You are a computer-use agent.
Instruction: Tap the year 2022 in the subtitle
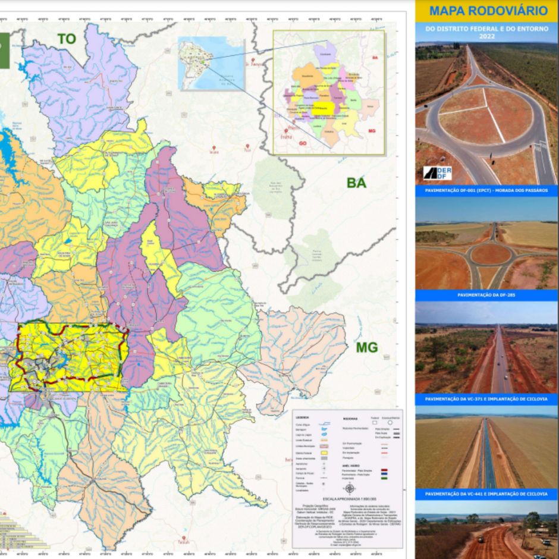[486, 35]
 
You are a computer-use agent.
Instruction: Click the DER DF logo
[438, 173]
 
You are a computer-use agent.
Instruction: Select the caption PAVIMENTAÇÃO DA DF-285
[486, 295]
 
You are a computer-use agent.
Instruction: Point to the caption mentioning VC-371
[486, 399]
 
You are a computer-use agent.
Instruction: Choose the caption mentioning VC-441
[486, 494]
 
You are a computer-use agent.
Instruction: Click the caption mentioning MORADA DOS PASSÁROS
[486, 191]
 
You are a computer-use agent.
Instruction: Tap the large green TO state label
[67, 39]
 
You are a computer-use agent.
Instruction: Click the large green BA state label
[356, 183]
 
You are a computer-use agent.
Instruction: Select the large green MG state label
[367, 347]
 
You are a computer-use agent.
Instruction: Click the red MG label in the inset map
[372, 130]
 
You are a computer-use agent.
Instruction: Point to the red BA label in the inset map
[375, 58]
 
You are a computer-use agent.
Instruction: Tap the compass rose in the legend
[349, 488]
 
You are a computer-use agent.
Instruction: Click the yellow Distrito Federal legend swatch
[324, 453]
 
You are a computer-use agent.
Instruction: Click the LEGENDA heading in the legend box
[303, 417]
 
